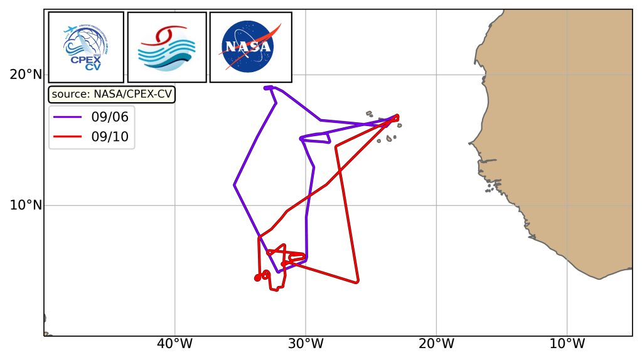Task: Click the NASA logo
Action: point(250,47)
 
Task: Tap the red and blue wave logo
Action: point(167,47)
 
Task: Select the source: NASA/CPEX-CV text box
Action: point(112,94)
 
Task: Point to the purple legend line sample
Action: point(68,117)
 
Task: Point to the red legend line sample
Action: point(68,136)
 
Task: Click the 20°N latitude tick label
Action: point(26,75)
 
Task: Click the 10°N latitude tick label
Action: point(26,205)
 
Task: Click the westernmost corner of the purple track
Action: point(234,185)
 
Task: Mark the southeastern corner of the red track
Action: point(357,282)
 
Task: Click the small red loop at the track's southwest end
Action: point(258,277)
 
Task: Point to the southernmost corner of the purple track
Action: point(278,271)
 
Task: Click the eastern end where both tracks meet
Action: point(397,116)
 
